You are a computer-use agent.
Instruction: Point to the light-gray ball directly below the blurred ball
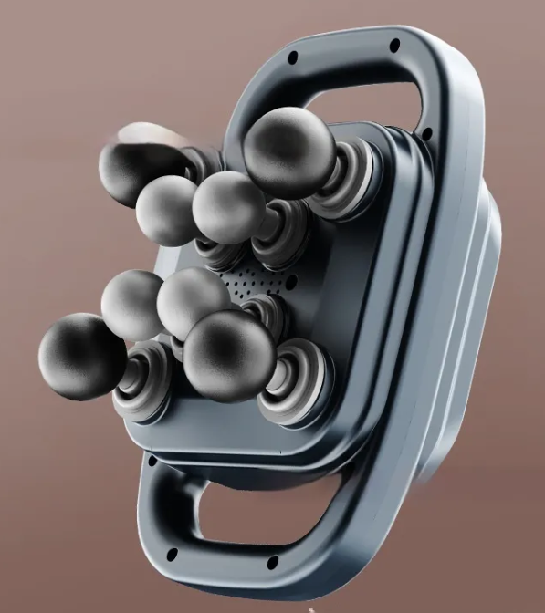pos(167,210)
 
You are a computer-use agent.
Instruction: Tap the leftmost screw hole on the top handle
pos(293,57)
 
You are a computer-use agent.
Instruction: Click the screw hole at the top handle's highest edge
pos(394,43)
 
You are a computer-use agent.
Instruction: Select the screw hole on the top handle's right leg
pos(425,134)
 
